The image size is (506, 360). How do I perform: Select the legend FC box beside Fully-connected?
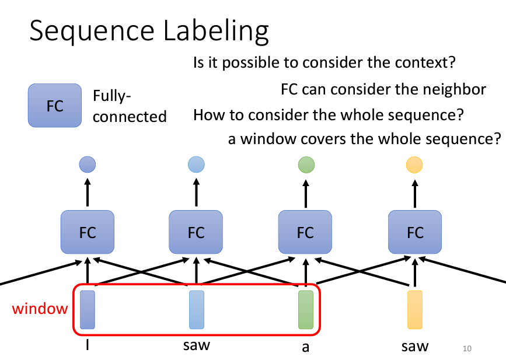[x=54, y=106]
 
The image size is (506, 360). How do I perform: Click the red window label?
[x=40, y=308]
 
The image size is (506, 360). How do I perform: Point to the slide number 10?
[x=466, y=349]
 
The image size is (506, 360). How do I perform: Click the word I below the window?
[x=88, y=346]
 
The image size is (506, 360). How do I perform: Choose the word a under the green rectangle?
[x=305, y=348]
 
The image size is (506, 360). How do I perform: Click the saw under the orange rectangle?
[x=415, y=347]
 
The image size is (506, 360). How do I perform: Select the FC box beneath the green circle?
[x=305, y=233]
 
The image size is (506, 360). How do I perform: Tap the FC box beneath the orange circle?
[x=415, y=233]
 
